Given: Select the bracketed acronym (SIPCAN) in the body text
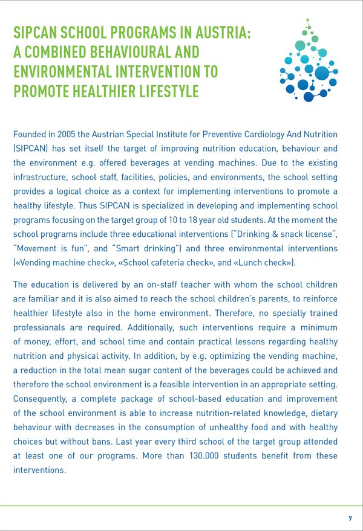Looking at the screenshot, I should [31, 148].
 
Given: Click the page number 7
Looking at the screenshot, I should [350, 520].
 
